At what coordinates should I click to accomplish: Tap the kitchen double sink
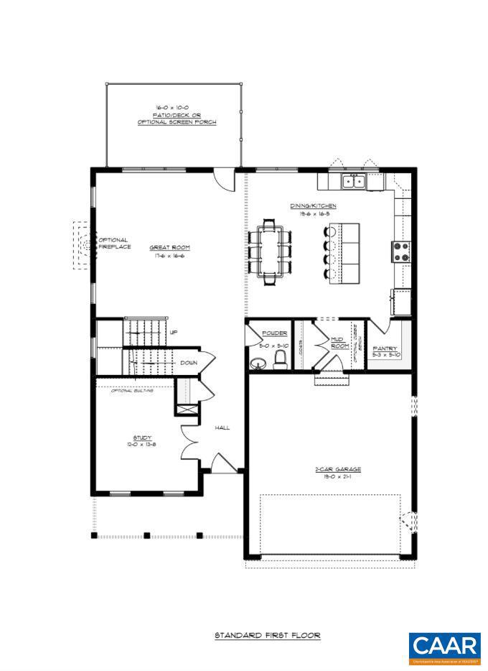click(352, 181)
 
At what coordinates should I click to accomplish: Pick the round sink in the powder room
click(257, 364)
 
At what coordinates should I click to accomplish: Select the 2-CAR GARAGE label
click(332, 469)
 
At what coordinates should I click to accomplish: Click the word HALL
click(222, 427)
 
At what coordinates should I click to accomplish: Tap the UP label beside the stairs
click(174, 332)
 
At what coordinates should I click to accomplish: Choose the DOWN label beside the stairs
click(189, 363)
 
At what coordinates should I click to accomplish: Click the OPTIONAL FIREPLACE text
click(113, 244)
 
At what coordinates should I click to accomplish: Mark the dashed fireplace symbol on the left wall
click(83, 245)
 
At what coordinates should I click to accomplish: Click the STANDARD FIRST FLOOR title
click(268, 635)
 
